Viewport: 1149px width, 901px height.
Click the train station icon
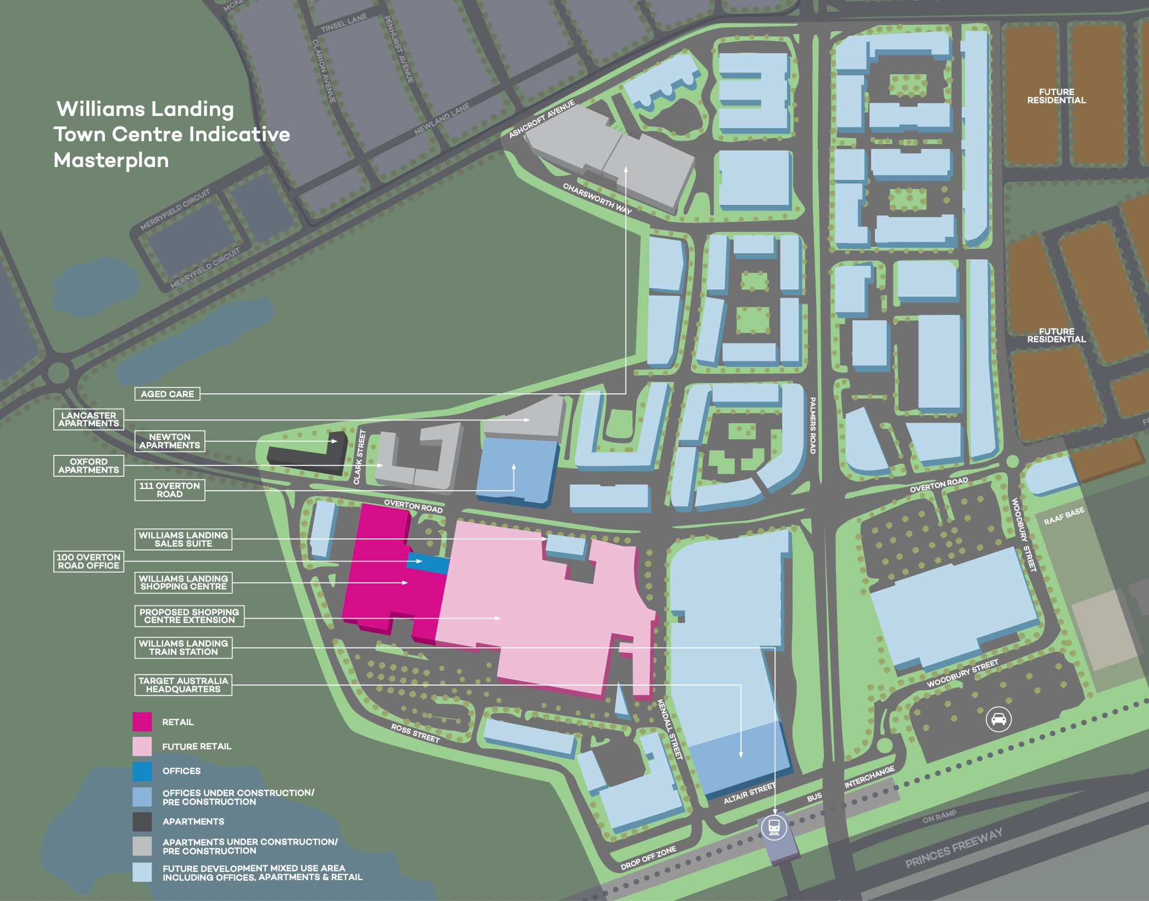pyautogui.click(x=774, y=827)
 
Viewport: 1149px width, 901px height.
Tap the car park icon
pyautogui.click(x=998, y=719)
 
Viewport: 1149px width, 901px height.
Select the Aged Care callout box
pyautogui.click(x=167, y=394)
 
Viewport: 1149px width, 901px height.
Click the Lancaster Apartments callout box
pyautogui.click(x=88, y=419)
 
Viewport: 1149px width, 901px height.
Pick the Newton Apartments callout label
pyautogui.click(x=170, y=441)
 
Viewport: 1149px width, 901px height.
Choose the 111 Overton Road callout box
pyautogui.click(x=170, y=490)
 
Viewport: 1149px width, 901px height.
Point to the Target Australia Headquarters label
pyautogui.click(x=183, y=685)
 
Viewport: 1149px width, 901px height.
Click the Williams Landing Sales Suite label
pyautogui.click(x=183, y=540)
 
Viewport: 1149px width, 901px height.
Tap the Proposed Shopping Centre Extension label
pyautogui.click(x=189, y=616)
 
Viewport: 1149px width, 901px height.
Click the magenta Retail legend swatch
pyautogui.click(x=142, y=722)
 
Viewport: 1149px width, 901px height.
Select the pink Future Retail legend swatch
pyautogui.click(x=142, y=747)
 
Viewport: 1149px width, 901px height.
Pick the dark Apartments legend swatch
pyautogui.click(x=142, y=822)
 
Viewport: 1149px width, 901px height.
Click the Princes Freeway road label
pyautogui.click(x=954, y=848)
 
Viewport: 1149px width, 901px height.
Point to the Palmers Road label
pyautogui.click(x=813, y=425)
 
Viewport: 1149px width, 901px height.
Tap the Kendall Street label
pyautogui.click(x=670, y=730)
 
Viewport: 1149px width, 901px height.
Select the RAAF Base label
pyautogui.click(x=1064, y=516)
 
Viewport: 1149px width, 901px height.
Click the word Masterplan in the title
pyautogui.click(x=111, y=160)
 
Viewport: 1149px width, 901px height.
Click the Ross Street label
pyautogui.click(x=415, y=733)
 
